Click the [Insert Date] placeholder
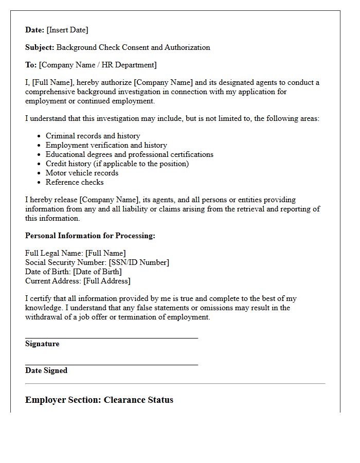pyautogui.click(x=67, y=30)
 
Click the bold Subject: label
pyautogui.click(x=40, y=47)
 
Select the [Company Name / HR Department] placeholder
pyautogui.click(x=98, y=65)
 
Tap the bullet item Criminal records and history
pyautogui.click(x=93, y=136)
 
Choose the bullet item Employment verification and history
pyautogui.click(x=106, y=145)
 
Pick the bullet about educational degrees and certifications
pyautogui.click(x=129, y=154)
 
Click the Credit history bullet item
pyautogui.click(x=117, y=164)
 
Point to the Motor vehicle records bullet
pyautogui.click(x=82, y=173)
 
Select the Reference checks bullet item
pyautogui.click(x=75, y=182)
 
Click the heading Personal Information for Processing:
pyautogui.click(x=90, y=236)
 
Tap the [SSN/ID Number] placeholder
pyautogui.click(x=139, y=262)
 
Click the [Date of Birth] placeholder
pyautogui.click(x=97, y=272)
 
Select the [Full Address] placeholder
pyautogui.click(x=107, y=281)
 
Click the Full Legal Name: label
pyautogui.click(x=54, y=253)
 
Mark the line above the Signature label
pyautogui.click(x=112, y=338)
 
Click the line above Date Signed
pyautogui.click(x=112, y=365)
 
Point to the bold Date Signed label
pyautogui.click(x=46, y=370)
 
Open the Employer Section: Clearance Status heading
pyautogui.click(x=99, y=400)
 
